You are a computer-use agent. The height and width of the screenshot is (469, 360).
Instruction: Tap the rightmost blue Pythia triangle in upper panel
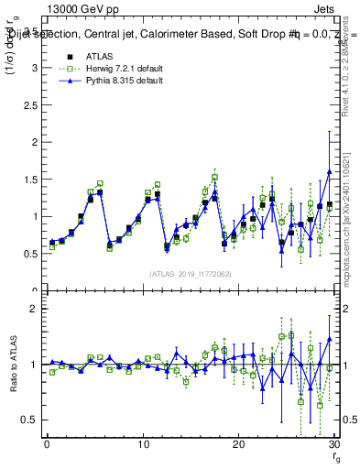pyautogui.click(x=330, y=172)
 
